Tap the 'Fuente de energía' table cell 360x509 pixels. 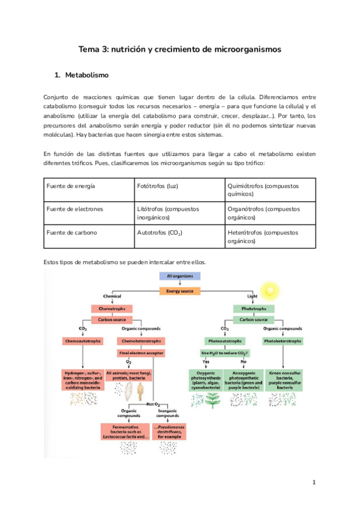click(71, 186)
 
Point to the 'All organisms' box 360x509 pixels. click(179, 277)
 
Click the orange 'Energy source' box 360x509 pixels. click(179, 291)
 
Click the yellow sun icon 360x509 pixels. click(271, 291)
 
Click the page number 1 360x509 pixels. click(314, 482)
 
